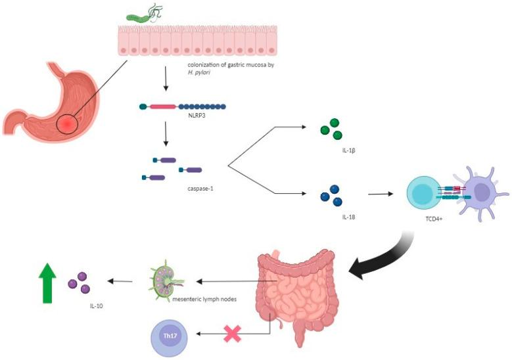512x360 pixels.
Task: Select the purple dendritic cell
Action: click(483, 194)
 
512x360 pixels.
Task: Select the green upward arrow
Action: click(47, 282)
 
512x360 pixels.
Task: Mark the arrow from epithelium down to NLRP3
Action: click(165, 83)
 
